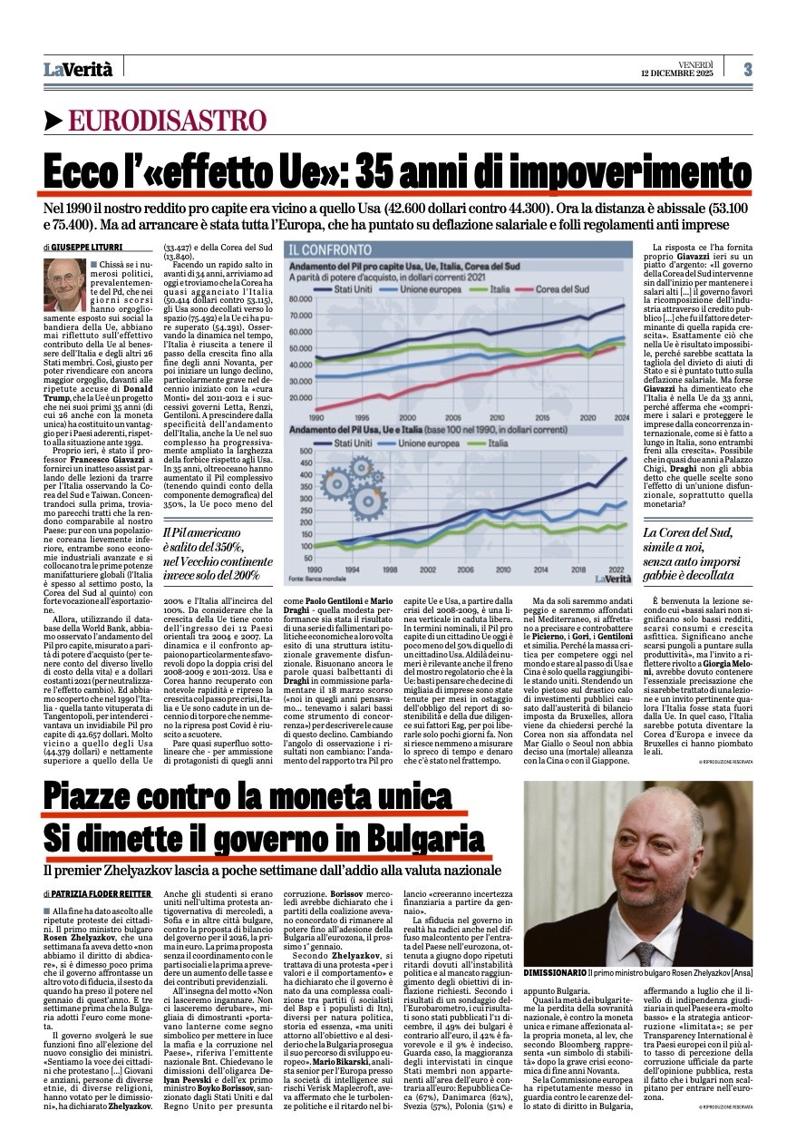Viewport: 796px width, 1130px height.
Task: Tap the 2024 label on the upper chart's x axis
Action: [x=626, y=417]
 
